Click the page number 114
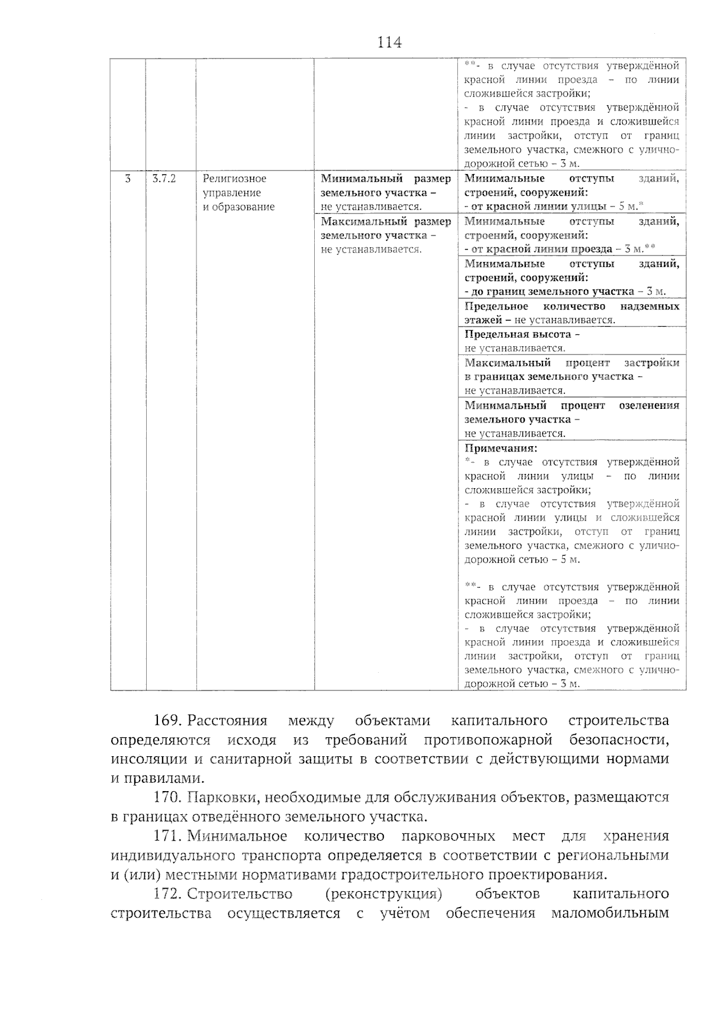[x=389, y=43]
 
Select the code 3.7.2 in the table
[x=164, y=178]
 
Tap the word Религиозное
[x=234, y=178]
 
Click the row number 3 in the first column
[x=128, y=178]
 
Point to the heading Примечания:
[x=501, y=448]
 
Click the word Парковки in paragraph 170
[x=221, y=798]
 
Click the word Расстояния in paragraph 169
[x=228, y=721]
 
